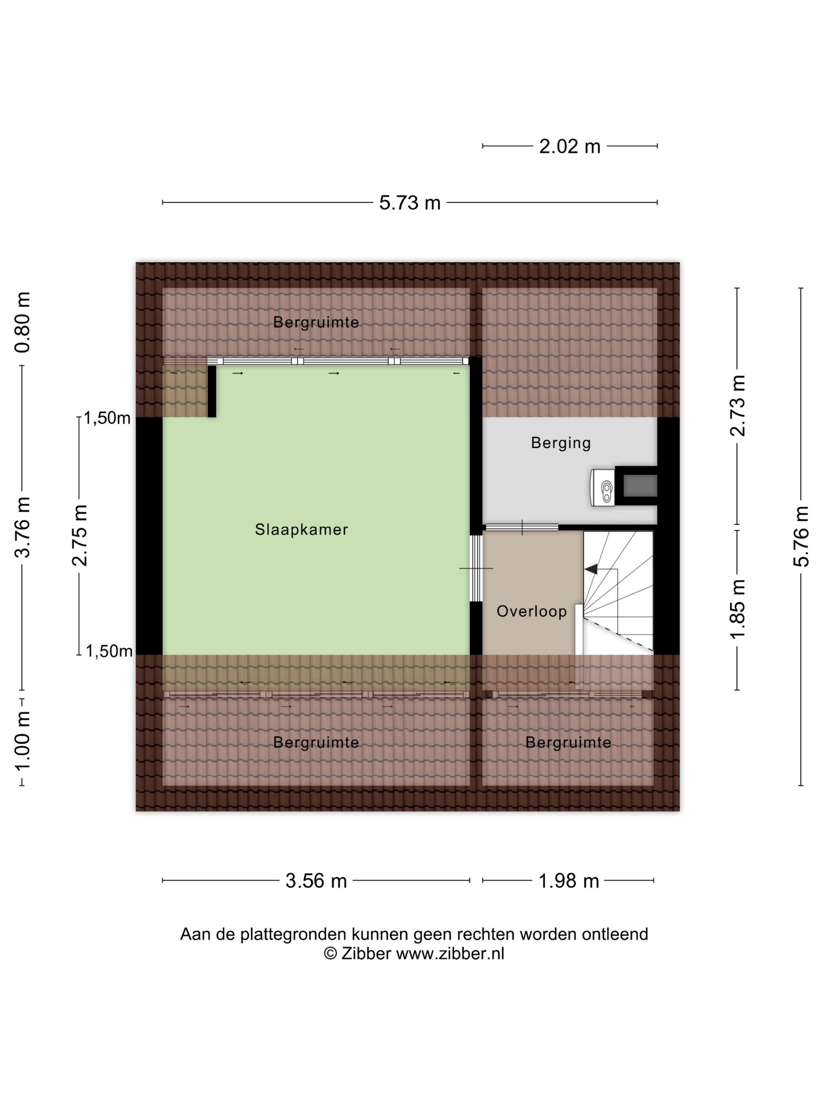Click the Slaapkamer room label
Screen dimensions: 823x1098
[301, 530]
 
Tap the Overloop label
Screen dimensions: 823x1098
[531, 611]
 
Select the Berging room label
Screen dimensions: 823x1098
[560, 443]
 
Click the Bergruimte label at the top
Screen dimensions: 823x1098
[316, 323]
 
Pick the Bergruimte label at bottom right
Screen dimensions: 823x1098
[568, 743]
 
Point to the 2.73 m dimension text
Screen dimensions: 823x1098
[738, 405]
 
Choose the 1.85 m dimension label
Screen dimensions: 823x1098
[738, 609]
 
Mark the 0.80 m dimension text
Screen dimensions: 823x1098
[22, 323]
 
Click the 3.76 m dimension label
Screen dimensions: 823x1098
[22, 527]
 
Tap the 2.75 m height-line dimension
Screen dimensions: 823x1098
[80, 536]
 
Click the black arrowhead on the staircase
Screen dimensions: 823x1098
[591, 569]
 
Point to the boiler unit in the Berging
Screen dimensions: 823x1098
[603, 488]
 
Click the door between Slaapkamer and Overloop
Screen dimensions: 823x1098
[476, 568]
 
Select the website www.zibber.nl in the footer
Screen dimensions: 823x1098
[450, 954]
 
